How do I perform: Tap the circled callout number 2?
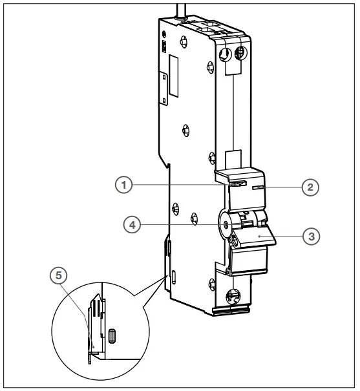(x=310, y=187)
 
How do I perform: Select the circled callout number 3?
(x=312, y=237)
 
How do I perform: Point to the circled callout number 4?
(x=132, y=225)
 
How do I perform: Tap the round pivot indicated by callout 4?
(x=224, y=225)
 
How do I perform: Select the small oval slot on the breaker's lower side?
(x=174, y=279)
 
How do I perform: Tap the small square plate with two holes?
(x=165, y=47)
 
